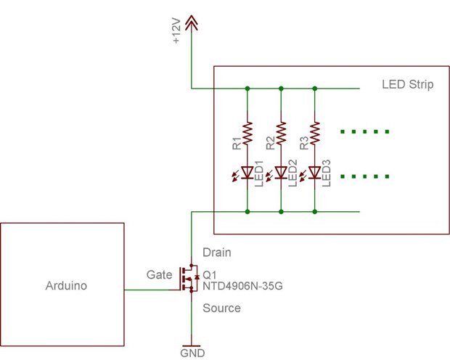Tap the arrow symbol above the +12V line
191,24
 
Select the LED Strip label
407,86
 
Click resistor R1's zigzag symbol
247,132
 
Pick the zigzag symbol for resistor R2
281,132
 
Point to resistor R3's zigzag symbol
314,132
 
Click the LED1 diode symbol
247,172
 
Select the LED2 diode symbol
280,172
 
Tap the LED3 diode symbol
314,172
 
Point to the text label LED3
327,173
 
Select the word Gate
160,274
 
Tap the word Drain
217,253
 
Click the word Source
221,308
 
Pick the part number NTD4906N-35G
242,287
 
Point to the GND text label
192,353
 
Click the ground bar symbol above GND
192,344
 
